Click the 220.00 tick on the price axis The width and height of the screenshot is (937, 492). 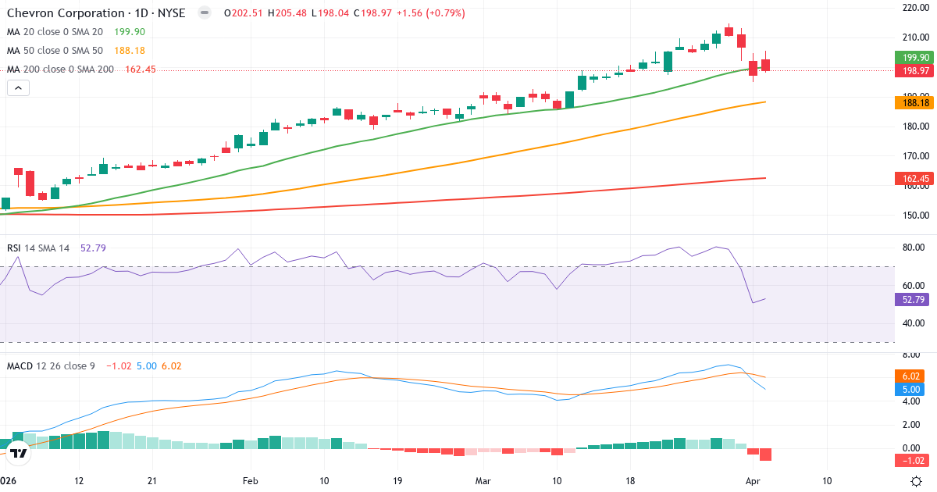[x=914, y=8]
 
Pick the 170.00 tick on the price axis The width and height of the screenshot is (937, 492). [x=914, y=156]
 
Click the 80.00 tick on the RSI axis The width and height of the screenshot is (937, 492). [x=913, y=248]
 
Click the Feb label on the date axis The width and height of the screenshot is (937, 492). [x=250, y=480]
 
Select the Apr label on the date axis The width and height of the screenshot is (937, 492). [x=753, y=480]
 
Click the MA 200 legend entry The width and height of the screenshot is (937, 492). [x=60, y=70]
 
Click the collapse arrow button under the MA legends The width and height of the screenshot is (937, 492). [x=18, y=88]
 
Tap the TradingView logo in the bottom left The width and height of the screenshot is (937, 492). [x=19, y=453]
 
